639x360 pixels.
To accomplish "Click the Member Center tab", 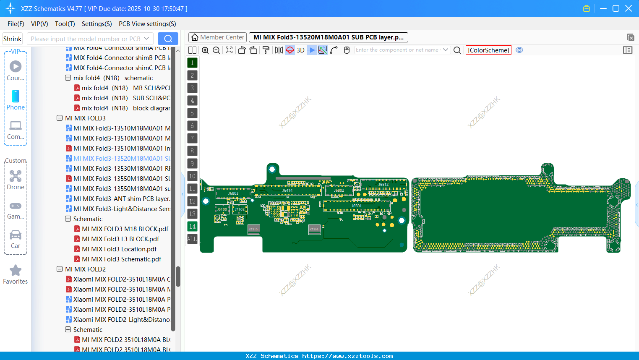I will coord(218,37).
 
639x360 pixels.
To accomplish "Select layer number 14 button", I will coord(192,227).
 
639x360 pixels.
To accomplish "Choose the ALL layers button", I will coord(192,239).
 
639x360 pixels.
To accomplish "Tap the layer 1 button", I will coord(192,63).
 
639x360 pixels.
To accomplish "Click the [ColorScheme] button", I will coord(488,50).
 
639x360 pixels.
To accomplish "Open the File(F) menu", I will coord(16,24).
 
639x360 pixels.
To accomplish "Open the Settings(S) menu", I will coord(97,24).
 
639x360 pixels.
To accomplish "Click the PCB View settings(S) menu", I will coord(147,24).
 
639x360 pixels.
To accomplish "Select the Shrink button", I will coord(13,39).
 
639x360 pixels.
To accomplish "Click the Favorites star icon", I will coord(16,271).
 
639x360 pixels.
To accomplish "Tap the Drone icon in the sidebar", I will coord(16,176).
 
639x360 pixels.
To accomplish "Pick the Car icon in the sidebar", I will coord(16,235).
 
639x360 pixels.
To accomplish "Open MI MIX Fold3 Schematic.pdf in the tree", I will coord(121,259).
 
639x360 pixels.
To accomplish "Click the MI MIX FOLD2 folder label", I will coord(85,269).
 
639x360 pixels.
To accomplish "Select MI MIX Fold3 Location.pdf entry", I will coord(119,249).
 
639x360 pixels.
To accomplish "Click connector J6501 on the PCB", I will coord(356,206).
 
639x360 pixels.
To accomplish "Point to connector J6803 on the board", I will coord(233,193).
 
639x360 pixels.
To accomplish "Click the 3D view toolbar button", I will coord(300,50).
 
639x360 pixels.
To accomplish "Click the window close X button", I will coord(629,8).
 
